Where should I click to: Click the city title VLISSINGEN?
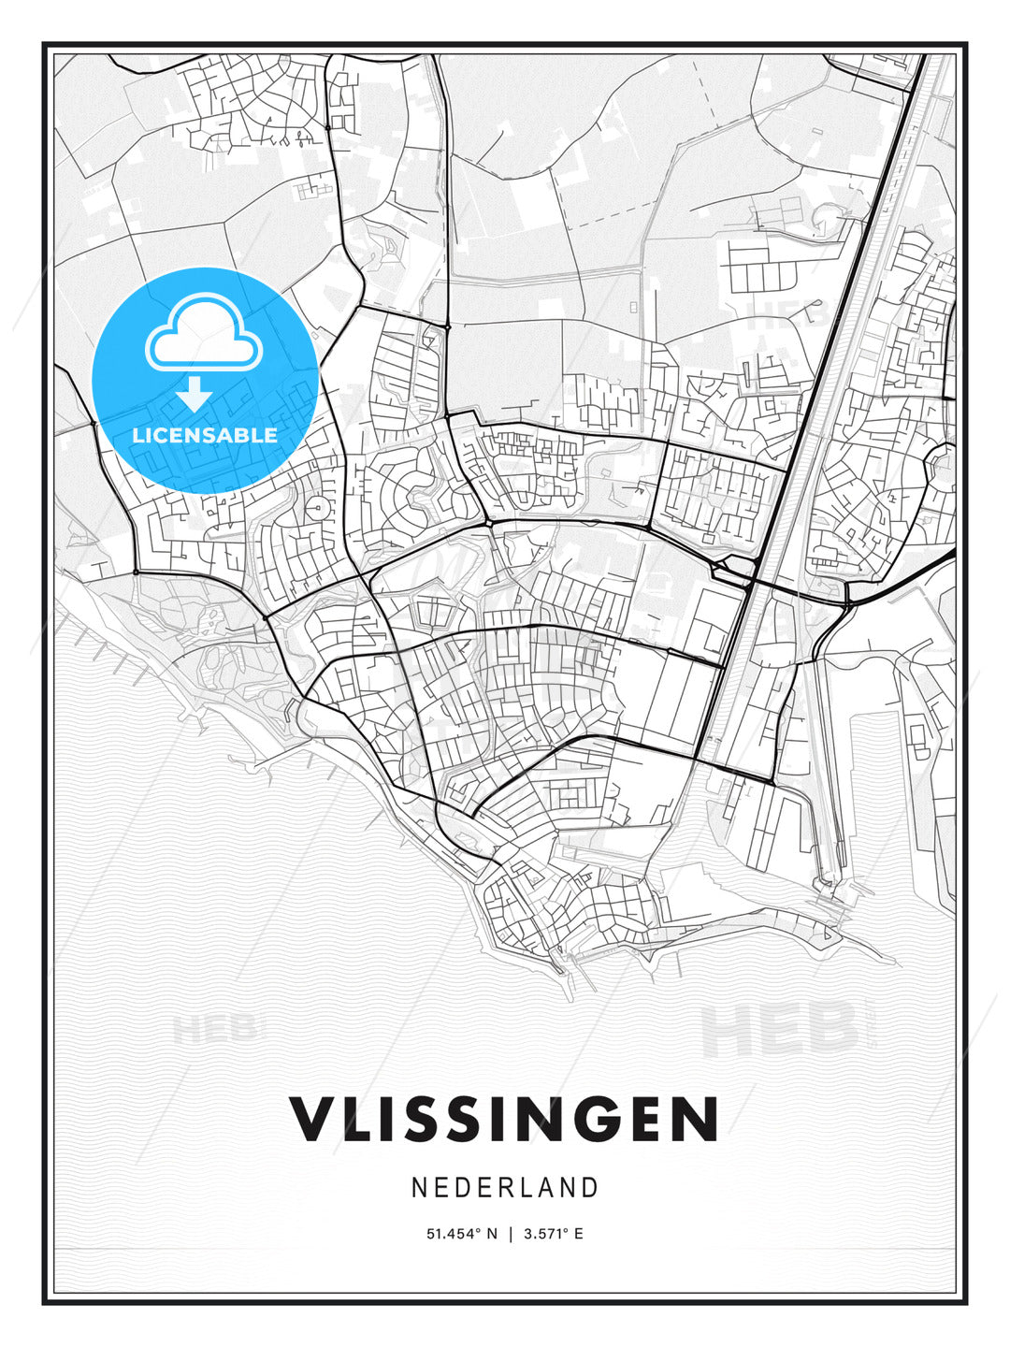coord(504,1118)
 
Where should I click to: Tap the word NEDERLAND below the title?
coord(504,1188)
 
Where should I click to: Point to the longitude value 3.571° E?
coord(553,1234)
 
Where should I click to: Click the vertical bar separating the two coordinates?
coord(511,1234)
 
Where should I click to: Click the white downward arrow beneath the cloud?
coord(194,395)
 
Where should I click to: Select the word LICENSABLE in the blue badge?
coord(205,435)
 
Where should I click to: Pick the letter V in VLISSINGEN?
coord(314,1118)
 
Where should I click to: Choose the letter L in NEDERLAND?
coord(525,1188)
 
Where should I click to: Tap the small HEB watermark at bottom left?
coord(214,1030)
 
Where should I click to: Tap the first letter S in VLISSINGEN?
coord(438,1118)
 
